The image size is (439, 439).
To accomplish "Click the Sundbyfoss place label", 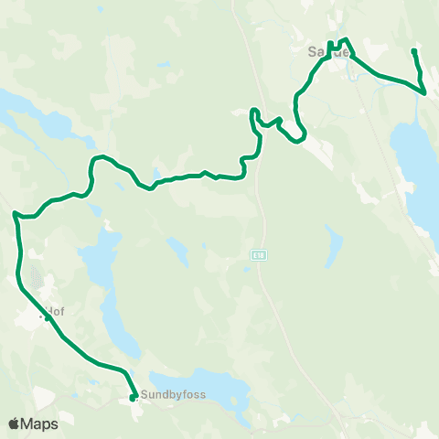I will coord(173,395).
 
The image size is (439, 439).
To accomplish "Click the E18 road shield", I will coord(261,258).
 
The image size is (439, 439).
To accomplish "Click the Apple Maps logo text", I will coord(39,423).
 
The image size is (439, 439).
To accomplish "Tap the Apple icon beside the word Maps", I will coord(14,423).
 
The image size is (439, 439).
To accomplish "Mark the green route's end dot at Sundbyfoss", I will coord(133,397).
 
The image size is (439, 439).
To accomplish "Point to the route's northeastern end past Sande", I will coord(414,51).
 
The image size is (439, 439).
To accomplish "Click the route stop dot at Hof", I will coord(47,318).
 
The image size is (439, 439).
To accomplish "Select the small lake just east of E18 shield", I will coord(334,245).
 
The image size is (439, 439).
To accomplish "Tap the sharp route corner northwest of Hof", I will coord(16,214).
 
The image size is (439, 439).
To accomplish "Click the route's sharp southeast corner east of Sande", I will coord(425,91).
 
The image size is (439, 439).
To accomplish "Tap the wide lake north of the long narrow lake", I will coord(99,256).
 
